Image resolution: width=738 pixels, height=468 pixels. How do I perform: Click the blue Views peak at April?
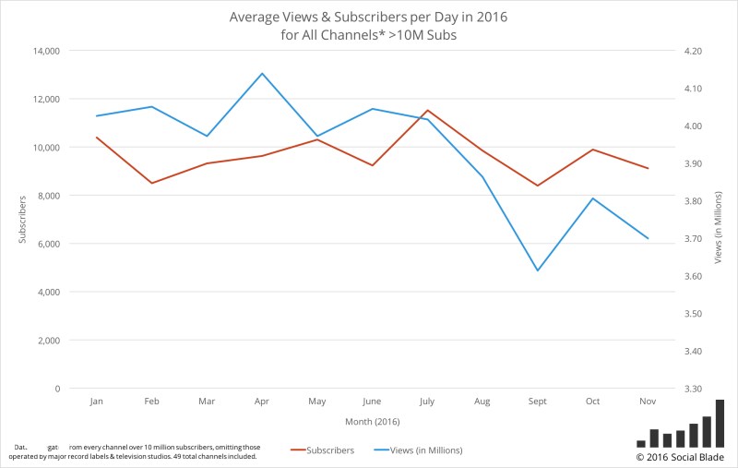point(262,73)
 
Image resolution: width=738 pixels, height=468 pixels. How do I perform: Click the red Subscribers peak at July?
point(427,110)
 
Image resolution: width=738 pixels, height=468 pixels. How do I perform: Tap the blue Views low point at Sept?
point(537,270)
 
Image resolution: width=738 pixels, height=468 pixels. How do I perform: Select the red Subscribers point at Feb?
point(152,183)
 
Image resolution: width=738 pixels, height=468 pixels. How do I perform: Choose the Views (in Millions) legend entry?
point(418,450)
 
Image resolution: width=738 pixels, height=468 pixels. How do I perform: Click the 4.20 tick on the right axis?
point(689,51)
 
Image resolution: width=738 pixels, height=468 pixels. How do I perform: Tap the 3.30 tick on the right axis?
point(689,389)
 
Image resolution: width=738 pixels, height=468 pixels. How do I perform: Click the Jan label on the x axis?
point(97,402)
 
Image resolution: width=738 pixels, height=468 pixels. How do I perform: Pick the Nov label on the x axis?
point(648,402)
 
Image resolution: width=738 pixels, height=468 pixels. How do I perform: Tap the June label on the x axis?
point(373,402)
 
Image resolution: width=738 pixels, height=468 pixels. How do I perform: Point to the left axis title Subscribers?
point(21,220)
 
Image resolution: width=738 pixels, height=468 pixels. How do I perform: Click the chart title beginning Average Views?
point(369,25)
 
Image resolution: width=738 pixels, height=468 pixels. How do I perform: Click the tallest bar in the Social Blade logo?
point(720,423)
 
